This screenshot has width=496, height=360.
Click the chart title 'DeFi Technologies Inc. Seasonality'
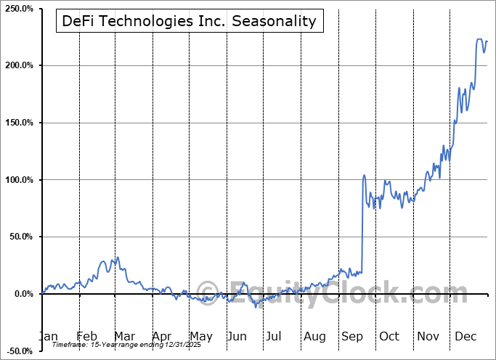(189, 20)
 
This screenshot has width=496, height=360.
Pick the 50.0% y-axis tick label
(20, 237)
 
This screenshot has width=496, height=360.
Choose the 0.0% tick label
(23, 294)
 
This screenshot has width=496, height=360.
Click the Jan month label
(48, 336)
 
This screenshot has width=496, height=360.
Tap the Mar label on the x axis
(124, 336)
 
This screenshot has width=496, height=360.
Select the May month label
(201, 336)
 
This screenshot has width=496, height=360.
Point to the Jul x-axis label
(274, 336)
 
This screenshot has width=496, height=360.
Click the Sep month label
(352, 336)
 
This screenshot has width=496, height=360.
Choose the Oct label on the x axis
(390, 336)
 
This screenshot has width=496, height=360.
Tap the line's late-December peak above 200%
(479, 39)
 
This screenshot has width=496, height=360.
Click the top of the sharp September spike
(364, 175)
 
